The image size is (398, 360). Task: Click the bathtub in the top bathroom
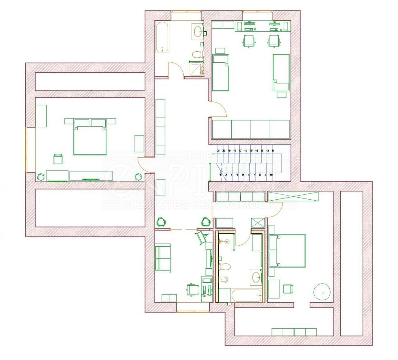click(x=162, y=37)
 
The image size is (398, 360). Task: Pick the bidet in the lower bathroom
click(x=224, y=279)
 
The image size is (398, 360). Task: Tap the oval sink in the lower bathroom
click(x=256, y=276)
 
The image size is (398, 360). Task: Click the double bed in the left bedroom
click(x=90, y=139)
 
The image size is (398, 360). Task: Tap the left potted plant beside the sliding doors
click(x=161, y=222)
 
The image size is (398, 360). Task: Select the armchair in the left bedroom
click(x=58, y=159)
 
